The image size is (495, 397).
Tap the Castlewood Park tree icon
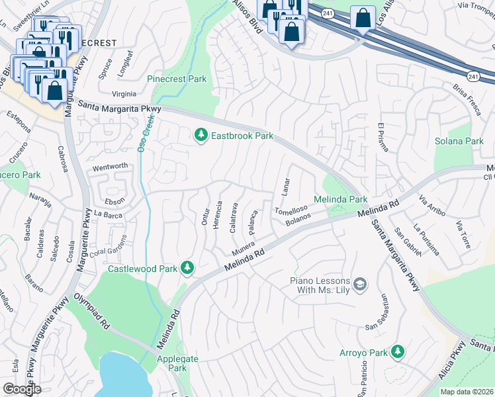click(x=188, y=267)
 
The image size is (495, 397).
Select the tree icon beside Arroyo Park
click(x=397, y=351)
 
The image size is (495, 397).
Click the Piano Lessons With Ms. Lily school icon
click(x=360, y=285)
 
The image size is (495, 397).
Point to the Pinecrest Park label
click(x=177, y=79)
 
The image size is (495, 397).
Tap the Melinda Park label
click(x=339, y=199)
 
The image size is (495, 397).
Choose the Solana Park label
click(x=459, y=141)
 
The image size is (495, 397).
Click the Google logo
click(x=22, y=388)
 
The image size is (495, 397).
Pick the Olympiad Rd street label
click(x=92, y=312)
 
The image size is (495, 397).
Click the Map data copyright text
click(x=467, y=392)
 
